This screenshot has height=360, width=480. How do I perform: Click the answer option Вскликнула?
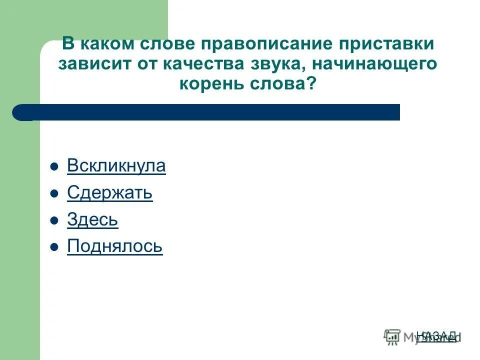tap(116, 166)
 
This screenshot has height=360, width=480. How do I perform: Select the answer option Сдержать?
tap(109, 193)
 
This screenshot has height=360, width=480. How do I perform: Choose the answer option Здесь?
tap(92, 220)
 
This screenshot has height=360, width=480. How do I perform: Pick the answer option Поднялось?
tap(114, 246)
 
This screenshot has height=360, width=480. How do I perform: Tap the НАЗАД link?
tap(436, 335)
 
